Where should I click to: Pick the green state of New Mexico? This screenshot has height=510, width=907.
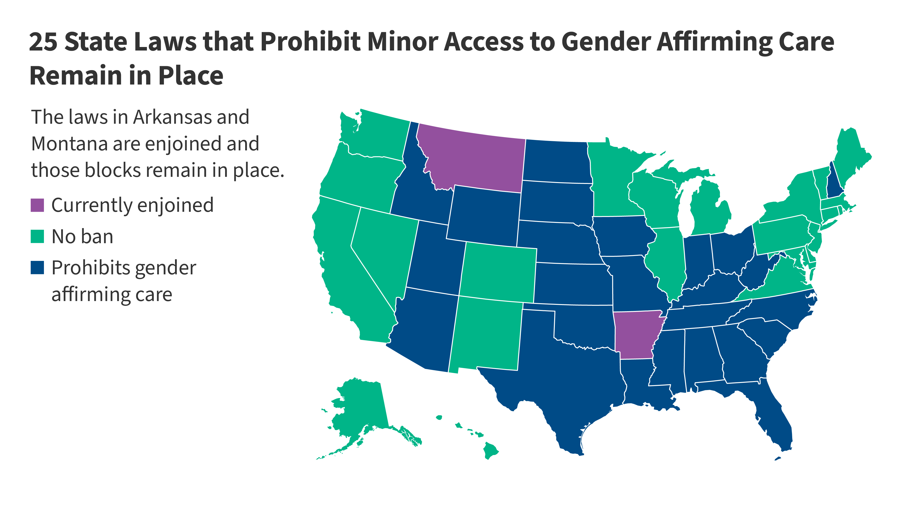click(x=486, y=334)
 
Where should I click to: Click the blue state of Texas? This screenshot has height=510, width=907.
click(x=563, y=380)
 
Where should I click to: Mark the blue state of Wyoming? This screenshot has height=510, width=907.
click(x=484, y=215)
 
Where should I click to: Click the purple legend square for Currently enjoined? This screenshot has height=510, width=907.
click(x=37, y=205)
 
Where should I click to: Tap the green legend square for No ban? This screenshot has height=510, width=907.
click(x=37, y=237)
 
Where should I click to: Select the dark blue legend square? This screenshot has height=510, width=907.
click(x=37, y=268)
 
